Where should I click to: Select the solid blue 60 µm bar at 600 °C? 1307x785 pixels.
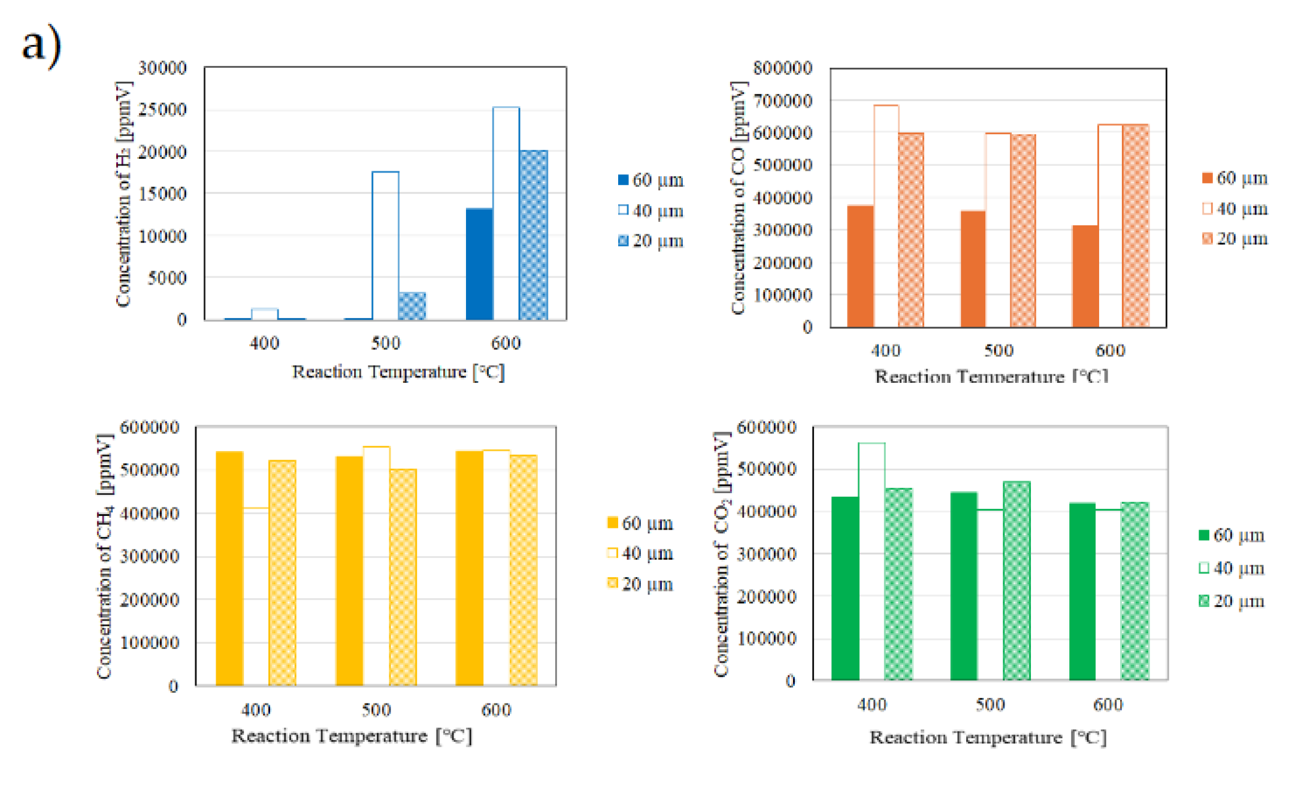479,264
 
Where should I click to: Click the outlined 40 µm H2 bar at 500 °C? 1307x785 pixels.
385,246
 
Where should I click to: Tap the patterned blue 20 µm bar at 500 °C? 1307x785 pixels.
412,306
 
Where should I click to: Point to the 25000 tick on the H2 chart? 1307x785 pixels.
162,110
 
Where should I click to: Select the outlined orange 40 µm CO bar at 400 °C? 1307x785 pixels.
886,216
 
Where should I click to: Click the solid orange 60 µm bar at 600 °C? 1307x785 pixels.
1085,276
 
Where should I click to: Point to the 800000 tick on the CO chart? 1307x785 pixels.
782,68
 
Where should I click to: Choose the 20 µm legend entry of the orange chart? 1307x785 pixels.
1235,239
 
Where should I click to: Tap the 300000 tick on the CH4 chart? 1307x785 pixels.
150,556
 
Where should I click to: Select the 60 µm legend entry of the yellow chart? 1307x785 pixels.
640,523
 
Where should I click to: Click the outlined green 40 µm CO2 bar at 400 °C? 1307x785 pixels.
872,560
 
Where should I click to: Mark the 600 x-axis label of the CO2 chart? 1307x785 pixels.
1108,705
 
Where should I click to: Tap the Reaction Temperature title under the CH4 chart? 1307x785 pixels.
352,736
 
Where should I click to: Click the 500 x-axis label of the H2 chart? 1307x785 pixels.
385,343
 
